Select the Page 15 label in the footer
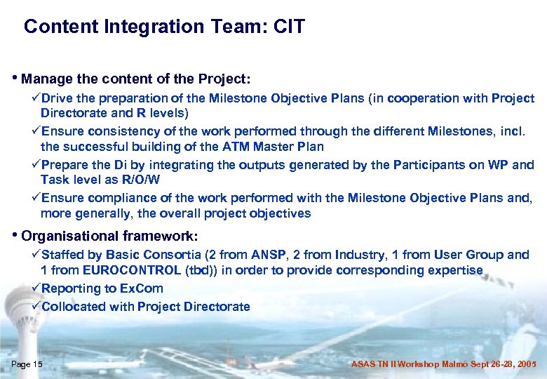pyautogui.click(x=27, y=364)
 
